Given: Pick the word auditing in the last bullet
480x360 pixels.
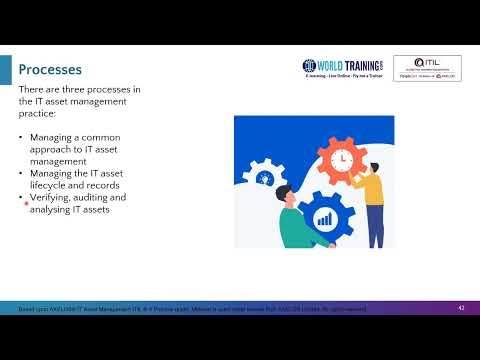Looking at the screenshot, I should pos(100,198).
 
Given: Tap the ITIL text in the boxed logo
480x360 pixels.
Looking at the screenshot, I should pos(428,62).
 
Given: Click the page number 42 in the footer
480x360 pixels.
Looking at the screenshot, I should pos(461,307).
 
